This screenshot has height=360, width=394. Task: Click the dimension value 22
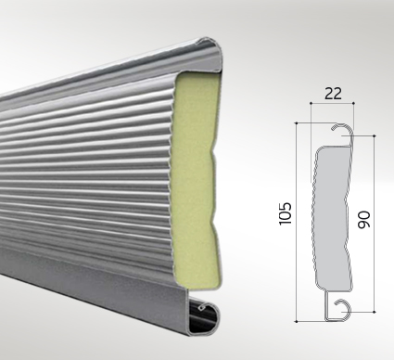coord(333,94)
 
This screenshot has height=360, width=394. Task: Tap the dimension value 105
coord(285,213)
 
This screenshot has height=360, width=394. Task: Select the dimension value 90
coord(363,220)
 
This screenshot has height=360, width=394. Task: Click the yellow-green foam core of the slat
coord(195,179)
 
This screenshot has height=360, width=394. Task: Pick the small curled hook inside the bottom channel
coord(201,307)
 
